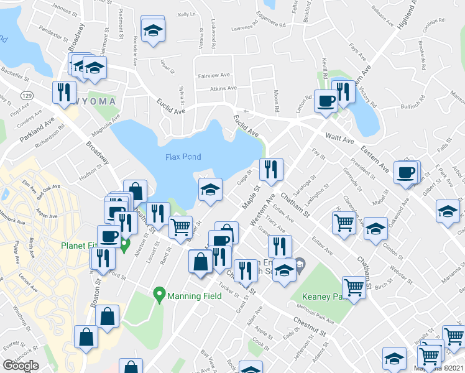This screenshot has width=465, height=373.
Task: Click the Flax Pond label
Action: click(183, 157)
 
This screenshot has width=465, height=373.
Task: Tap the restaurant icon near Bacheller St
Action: click(63, 91)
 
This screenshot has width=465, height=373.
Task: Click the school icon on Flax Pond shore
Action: click(210, 188)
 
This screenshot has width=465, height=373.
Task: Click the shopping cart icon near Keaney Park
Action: click(354, 287)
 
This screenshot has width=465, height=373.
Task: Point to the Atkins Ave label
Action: click(223, 88)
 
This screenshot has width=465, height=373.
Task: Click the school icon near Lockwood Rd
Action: click(152, 31)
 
